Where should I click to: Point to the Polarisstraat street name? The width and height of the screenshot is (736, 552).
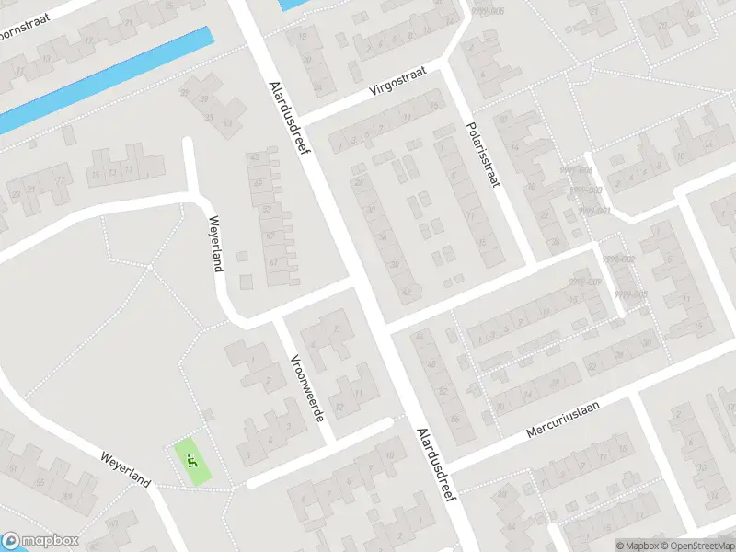[x=482, y=155]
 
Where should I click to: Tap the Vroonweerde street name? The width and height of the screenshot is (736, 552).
[x=307, y=388]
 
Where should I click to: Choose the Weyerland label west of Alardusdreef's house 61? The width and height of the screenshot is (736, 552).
[x=217, y=243]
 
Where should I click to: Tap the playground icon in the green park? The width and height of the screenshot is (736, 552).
[x=191, y=460]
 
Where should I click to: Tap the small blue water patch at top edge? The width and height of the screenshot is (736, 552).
[x=293, y=5]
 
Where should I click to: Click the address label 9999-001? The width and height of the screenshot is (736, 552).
[x=595, y=211]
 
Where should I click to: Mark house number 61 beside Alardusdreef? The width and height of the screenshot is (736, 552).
[x=272, y=262]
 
